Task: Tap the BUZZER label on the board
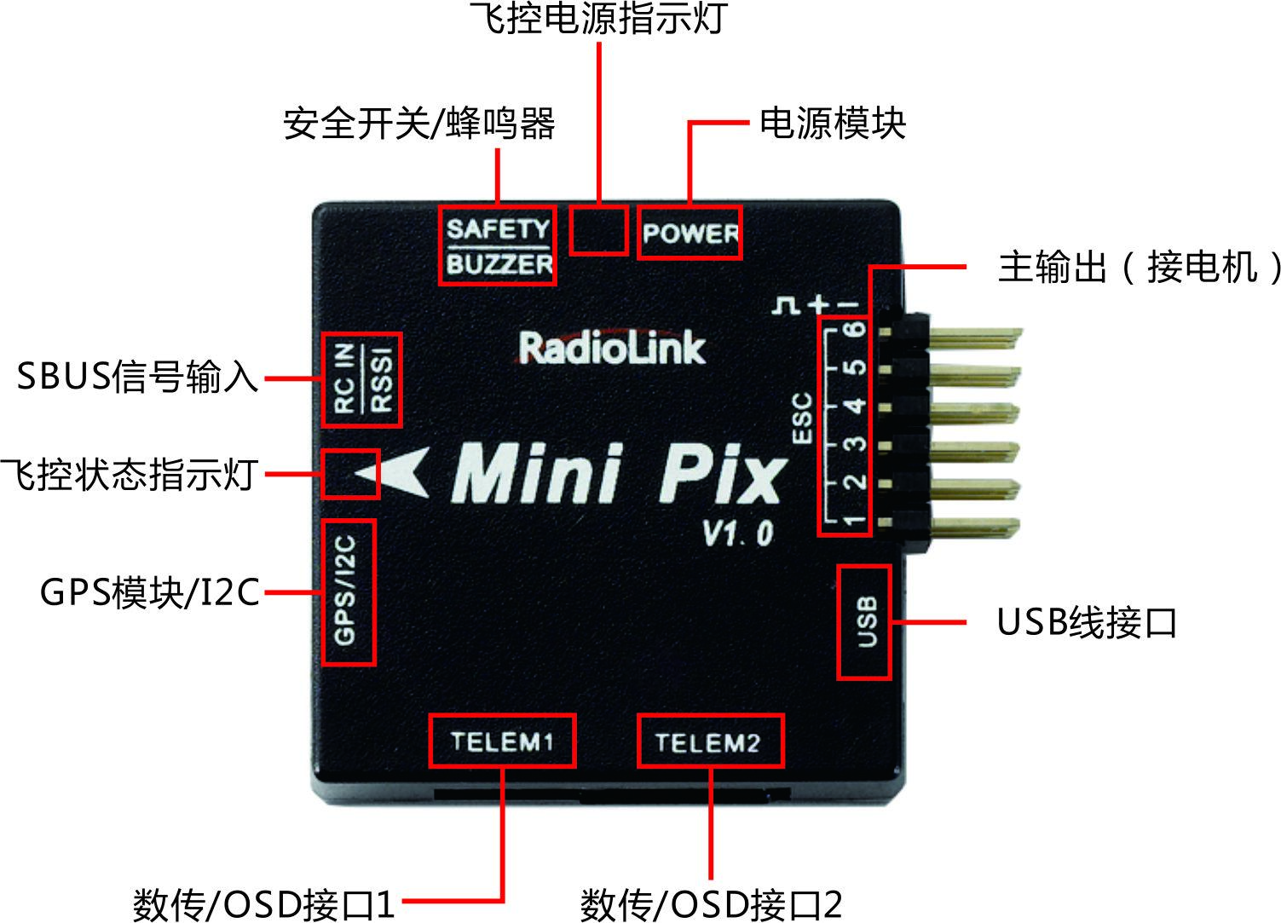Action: [499, 264]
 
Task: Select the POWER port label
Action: [690, 233]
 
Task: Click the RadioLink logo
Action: [612, 348]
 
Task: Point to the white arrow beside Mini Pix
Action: [395, 472]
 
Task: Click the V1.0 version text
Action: [738, 534]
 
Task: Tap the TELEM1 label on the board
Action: [502, 741]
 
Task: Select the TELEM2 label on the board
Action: [708, 743]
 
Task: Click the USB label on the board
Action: [868, 621]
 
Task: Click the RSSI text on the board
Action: [382, 380]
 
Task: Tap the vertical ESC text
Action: [802, 418]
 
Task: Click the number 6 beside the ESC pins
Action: [857, 329]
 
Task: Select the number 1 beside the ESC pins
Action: [855, 521]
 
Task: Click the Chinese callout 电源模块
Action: [833, 123]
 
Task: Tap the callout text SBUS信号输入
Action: [137, 377]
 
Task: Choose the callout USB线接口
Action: [1087, 621]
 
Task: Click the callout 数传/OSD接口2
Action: [712, 903]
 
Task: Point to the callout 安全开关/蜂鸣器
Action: [418, 124]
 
